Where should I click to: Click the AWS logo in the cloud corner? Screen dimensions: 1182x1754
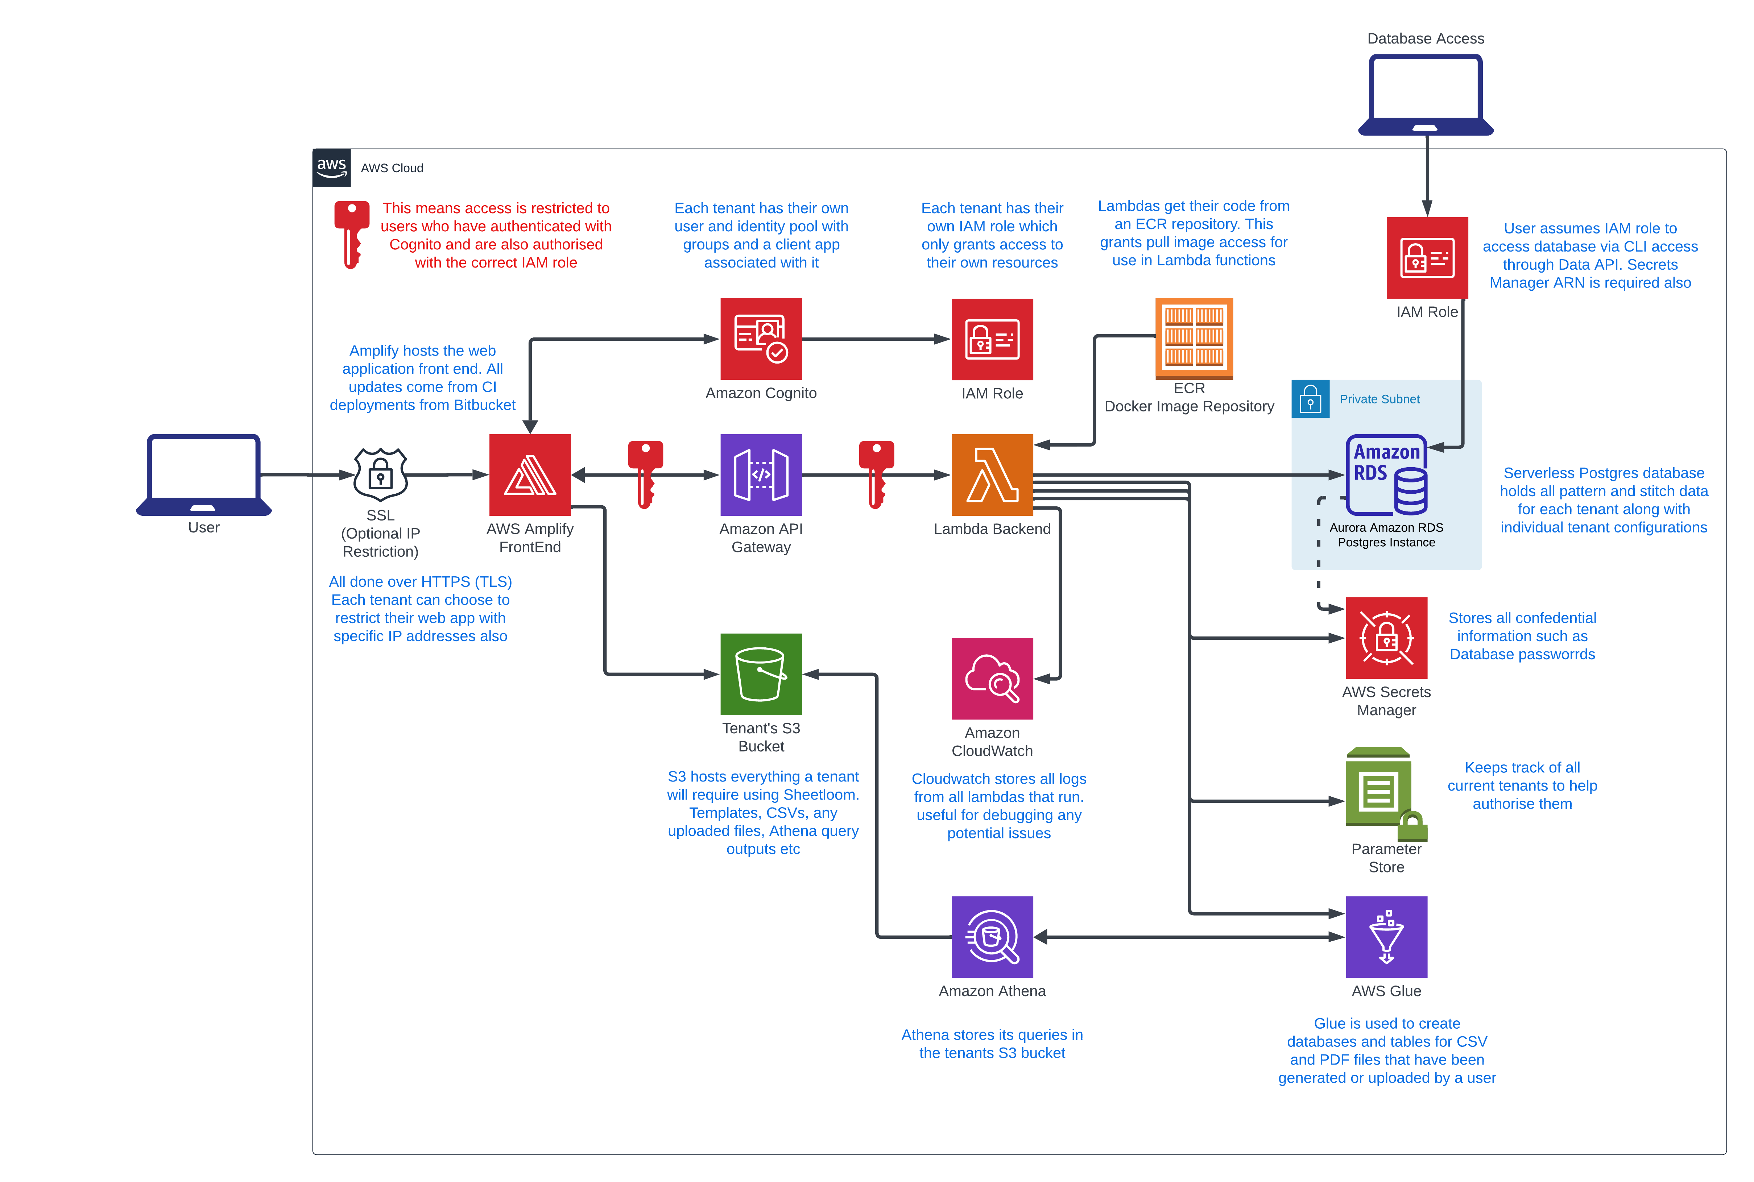point(331,167)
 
